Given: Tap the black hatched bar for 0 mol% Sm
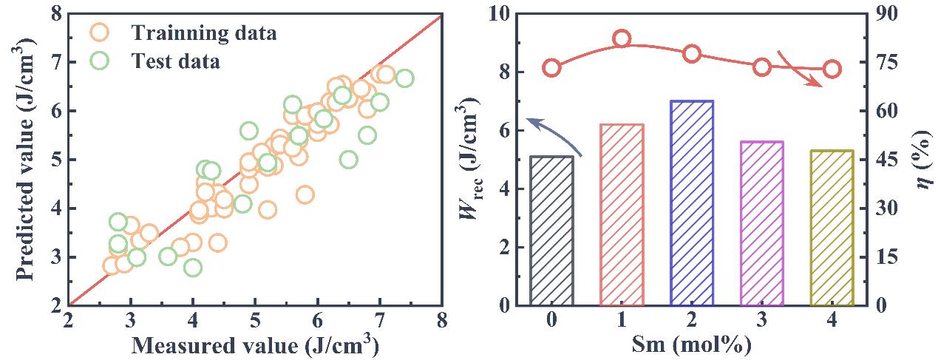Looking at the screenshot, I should coord(552,231).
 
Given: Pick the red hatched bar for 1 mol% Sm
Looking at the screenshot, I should coord(622,214).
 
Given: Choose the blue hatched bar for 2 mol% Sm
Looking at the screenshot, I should coord(691,203).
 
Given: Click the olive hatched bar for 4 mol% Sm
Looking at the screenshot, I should coord(831,228).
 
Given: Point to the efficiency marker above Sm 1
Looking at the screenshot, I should coord(622,39).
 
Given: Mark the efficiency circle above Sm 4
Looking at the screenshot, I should coord(831,69).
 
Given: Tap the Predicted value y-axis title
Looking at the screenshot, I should coord(26,160).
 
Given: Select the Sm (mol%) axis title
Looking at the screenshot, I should coord(691,344).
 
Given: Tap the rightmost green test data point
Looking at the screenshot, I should coord(404,78).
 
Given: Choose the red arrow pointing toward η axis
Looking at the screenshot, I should coord(802,71).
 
